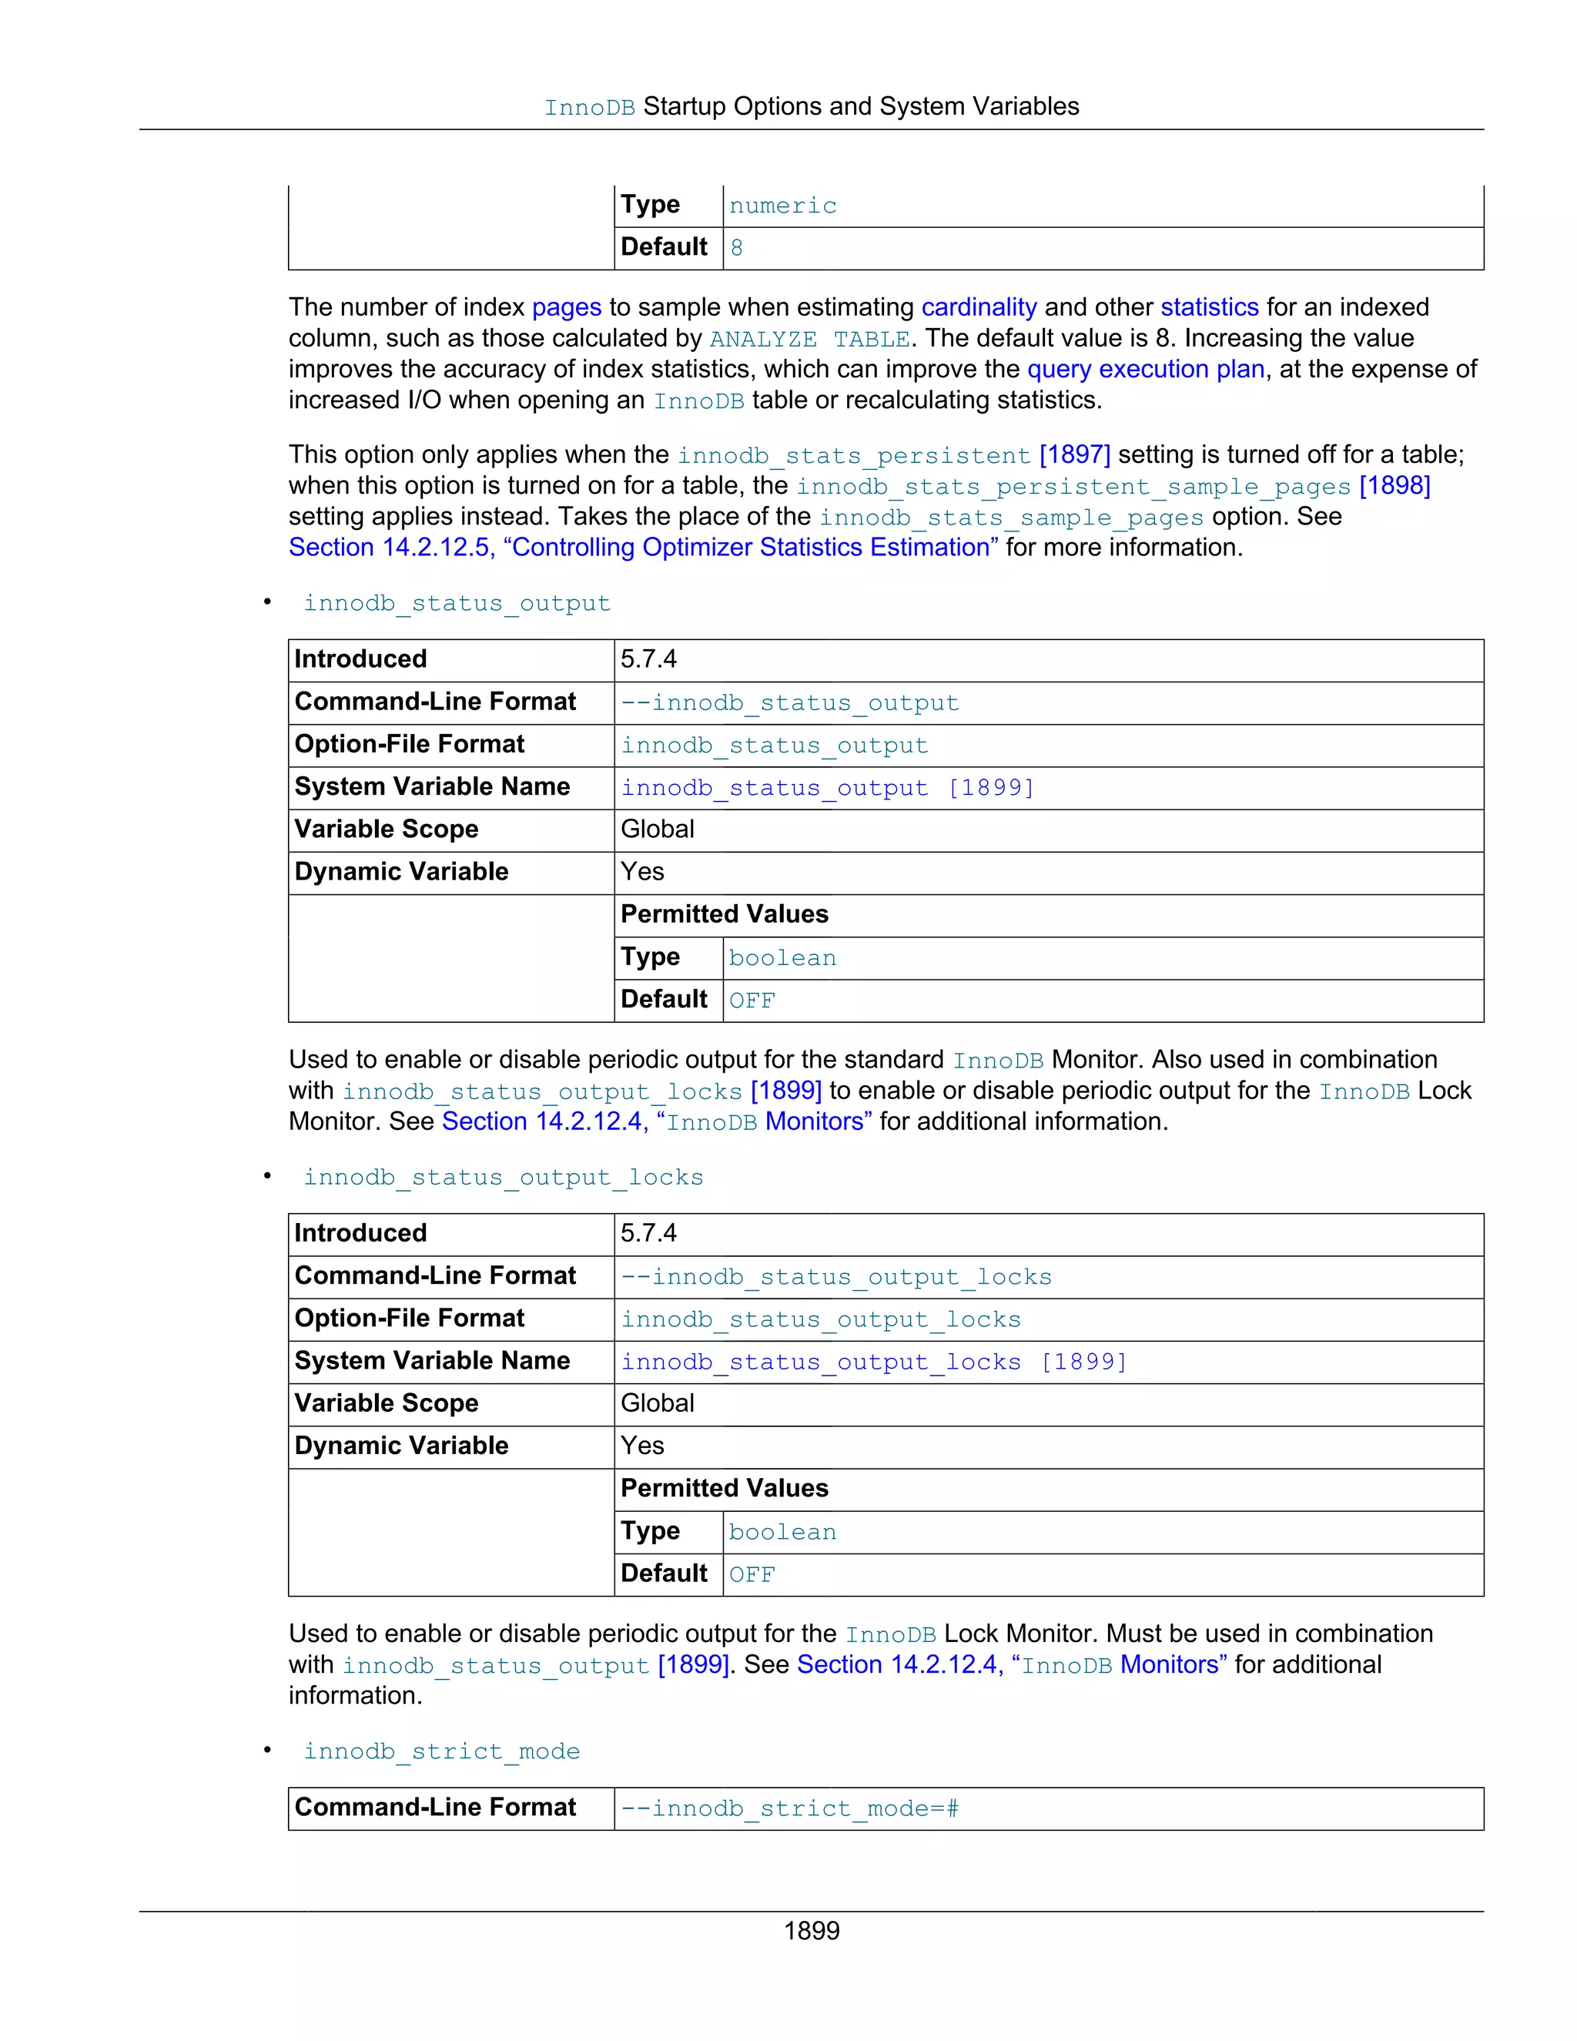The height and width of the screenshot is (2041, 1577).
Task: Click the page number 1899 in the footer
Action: coord(811,1930)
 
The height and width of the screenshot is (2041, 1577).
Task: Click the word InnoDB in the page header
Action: coord(590,108)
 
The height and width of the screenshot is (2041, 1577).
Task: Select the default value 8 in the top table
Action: coord(736,248)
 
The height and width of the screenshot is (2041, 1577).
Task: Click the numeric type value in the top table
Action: coord(782,206)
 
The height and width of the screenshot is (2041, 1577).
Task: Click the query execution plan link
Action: coord(1145,369)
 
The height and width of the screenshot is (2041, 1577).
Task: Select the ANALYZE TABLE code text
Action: coord(809,338)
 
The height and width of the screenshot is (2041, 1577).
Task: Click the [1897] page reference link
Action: coord(1074,454)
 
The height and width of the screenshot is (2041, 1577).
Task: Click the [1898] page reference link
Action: coord(1394,485)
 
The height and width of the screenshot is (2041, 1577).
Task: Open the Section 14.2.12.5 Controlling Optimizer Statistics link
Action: coord(643,547)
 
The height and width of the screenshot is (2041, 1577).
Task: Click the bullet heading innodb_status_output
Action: coord(457,603)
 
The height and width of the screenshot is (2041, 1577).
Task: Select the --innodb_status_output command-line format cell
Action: coord(790,702)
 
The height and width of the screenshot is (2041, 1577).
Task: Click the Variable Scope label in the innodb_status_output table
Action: coord(386,829)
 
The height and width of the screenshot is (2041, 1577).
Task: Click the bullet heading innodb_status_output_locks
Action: coord(503,1178)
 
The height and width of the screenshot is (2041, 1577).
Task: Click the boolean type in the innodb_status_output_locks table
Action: coord(782,1532)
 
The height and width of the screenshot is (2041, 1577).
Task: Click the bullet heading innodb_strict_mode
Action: coord(441,1751)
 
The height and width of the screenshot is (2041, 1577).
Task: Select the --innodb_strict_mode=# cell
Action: coord(790,1808)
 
